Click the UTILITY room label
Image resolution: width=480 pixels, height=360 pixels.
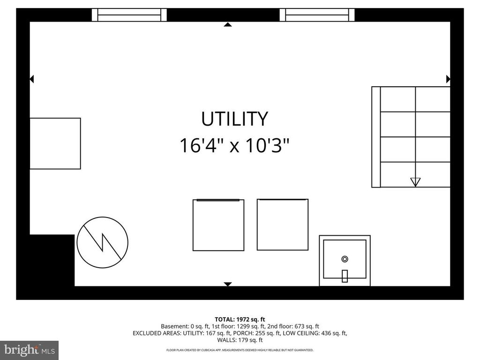(234, 119)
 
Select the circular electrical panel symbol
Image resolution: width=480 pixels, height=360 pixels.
(102, 242)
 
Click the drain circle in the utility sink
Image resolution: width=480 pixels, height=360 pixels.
(345, 259)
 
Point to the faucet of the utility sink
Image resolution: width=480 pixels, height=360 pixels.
(345, 276)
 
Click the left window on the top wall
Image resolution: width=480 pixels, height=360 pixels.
(129, 15)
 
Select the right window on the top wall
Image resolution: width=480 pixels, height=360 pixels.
(317, 15)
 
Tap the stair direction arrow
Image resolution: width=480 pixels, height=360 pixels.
(415, 182)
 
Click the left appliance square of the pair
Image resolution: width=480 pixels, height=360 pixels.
(218, 225)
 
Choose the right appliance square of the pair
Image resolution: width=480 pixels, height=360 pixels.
(283, 225)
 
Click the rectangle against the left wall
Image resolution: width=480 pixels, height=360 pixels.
(55, 143)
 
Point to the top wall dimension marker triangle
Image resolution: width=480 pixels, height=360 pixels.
(228, 24)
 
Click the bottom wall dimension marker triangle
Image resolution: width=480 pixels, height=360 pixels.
(228, 284)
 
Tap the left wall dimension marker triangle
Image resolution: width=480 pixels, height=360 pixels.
(32, 79)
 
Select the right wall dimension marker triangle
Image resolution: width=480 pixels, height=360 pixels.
(448, 79)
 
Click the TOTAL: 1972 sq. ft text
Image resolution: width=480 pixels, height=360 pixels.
(240, 319)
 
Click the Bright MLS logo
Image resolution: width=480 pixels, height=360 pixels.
(29, 350)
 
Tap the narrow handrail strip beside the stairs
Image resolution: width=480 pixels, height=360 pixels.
(376, 137)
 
